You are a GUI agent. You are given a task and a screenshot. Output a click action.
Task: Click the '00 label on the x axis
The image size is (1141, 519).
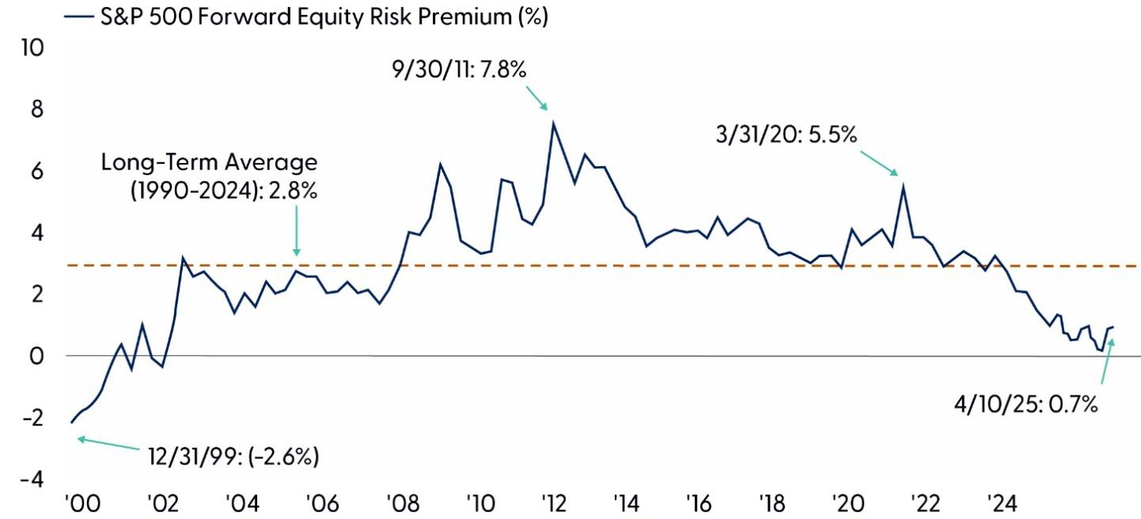pos(81,504)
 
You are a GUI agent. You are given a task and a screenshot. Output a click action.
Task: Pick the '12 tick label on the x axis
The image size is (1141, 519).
pos(552,504)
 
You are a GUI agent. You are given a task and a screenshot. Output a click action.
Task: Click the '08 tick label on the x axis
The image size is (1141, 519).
pos(401,504)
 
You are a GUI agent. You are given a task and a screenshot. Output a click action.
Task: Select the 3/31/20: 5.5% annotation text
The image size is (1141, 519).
pos(786,135)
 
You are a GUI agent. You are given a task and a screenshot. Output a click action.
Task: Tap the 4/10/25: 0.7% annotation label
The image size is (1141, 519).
pos(1026,404)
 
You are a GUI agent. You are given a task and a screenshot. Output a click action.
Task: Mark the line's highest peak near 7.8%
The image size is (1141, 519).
pos(553,122)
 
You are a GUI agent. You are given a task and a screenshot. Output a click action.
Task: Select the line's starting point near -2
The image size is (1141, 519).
pos(71,422)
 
